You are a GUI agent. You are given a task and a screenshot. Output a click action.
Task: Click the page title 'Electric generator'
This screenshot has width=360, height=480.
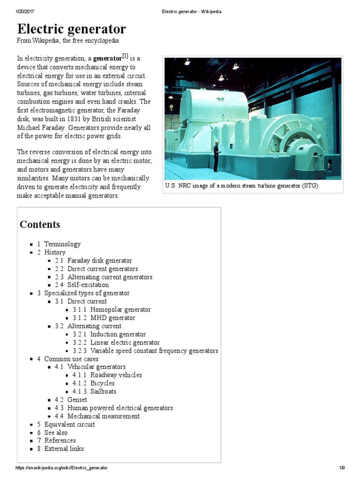(x=71, y=29)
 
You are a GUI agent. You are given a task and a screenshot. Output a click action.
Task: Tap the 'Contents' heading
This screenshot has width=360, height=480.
(x=40, y=225)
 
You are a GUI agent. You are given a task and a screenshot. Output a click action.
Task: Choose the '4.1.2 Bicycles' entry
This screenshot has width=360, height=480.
(x=94, y=383)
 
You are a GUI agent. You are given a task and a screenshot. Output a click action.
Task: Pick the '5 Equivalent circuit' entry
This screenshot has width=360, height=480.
(x=66, y=424)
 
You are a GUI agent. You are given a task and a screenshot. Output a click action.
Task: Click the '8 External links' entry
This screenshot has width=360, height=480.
(x=60, y=449)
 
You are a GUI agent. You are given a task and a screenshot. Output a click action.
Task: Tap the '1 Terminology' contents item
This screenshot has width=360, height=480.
(x=59, y=244)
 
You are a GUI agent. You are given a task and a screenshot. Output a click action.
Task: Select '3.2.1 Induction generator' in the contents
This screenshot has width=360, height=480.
(x=109, y=334)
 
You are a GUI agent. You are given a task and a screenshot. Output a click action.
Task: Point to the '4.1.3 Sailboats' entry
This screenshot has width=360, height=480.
(x=95, y=391)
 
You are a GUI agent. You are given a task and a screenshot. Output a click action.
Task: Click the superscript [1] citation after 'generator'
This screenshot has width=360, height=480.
(x=125, y=56)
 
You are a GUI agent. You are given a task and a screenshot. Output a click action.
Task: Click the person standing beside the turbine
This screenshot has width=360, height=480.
(x=216, y=157)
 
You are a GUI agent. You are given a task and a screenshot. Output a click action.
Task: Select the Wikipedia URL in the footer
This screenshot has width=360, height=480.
(x=61, y=468)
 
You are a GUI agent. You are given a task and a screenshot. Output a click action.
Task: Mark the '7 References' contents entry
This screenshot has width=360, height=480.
(x=57, y=441)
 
